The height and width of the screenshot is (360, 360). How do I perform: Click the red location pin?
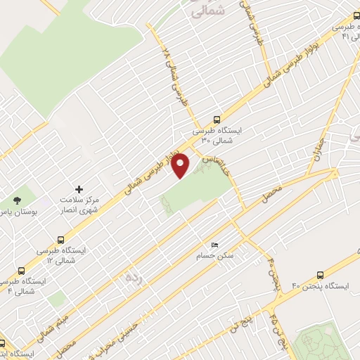tap(181, 166)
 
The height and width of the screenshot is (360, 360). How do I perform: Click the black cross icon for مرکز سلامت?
tap(79, 189)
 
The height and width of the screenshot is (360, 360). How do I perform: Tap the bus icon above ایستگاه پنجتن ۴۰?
tap(321, 276)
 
